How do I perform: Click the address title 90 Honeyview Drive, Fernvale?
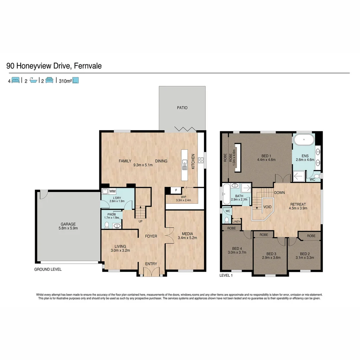pyautogui.click(x=54, y=66)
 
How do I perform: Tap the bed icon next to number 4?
pyautogui.click(x=16, y=80)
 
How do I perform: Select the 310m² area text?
pyautogui.click(x=66, y=80)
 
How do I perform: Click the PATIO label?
pyautogui.click(x=182, y=108)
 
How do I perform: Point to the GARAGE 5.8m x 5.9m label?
pyautogui.click(x=68, y=226)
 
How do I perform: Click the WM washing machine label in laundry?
pyautogui.click(x=112, y=191)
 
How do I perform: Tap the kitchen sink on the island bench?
pyautogui.click(x=185, y=164)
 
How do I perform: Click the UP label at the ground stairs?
pyautogui.click(x=141, y=221)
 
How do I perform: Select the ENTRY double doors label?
pyautogui.click(x=151, y=264)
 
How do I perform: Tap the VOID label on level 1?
pyautogui.click(x=267, y=207)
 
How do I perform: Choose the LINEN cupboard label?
pyautogui.click(x=236, y=221)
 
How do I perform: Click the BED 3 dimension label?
pyautogui.click(x=271, y=256)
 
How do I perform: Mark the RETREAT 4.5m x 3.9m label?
pyautogui.click(x=298, y=206)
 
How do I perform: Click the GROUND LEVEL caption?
pyautogui.click(x=48, y=269)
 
